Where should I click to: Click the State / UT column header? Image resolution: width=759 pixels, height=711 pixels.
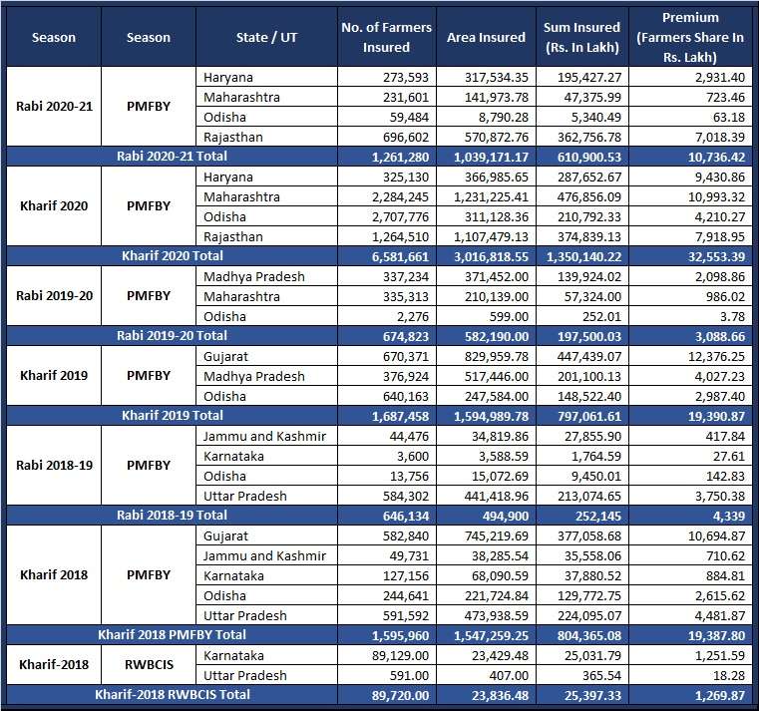tap(266, 37)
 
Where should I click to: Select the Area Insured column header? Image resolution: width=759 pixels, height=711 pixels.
tap(486, 37)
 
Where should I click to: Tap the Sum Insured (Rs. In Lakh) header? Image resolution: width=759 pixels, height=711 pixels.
tap(581, 37)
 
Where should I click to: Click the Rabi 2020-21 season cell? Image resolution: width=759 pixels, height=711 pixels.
tap(54, 106)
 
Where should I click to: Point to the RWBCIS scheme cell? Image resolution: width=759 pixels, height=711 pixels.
tap(149, 664)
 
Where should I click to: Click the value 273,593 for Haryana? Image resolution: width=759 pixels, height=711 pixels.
tap(406, 78)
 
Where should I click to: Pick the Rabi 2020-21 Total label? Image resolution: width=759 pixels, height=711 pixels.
tap(172, 157)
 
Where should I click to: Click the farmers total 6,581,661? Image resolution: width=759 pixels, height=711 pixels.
tap(400, 256)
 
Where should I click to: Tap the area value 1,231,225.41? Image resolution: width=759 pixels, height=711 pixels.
tap(491, 197)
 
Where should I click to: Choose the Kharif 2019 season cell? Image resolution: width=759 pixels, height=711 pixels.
tap(54, 376)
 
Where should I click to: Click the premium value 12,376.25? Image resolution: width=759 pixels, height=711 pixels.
tap(716, 357)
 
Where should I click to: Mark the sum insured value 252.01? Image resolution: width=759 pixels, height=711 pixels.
tap(601, 316)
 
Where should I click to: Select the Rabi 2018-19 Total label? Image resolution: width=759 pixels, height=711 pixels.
tap(172, 515)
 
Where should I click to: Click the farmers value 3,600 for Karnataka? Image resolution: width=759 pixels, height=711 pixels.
tap(413, 457)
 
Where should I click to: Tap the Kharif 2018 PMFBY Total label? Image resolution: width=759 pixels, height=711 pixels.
tap(172, 634)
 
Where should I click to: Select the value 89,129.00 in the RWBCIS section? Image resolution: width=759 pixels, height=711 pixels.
tap(400, 656)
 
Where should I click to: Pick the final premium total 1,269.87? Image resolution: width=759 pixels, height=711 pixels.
tap(720, 695)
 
